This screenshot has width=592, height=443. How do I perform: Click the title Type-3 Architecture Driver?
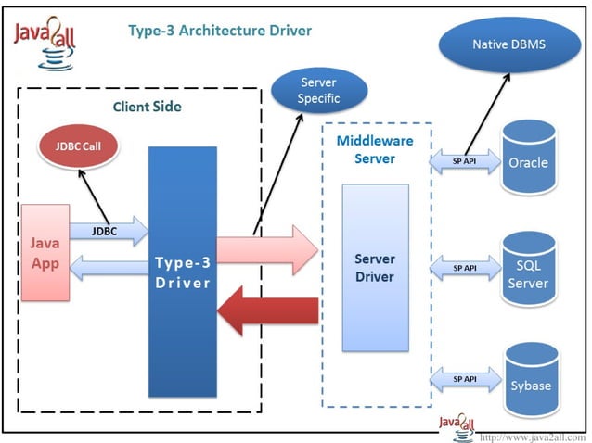pos(219,31)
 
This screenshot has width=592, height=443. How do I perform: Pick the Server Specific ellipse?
pos(318,90)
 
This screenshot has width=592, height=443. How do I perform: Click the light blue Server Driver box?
pos(375,267)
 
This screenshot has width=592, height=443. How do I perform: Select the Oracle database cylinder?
pos(527,159)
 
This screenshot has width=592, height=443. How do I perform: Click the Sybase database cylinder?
pos(527,381)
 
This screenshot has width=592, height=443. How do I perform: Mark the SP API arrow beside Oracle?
pos(464,161)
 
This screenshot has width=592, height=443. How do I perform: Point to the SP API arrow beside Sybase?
pos(464,380)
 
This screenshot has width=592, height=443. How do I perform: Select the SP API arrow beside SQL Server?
pos(464,268)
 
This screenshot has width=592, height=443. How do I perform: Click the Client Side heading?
pos(147,107)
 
